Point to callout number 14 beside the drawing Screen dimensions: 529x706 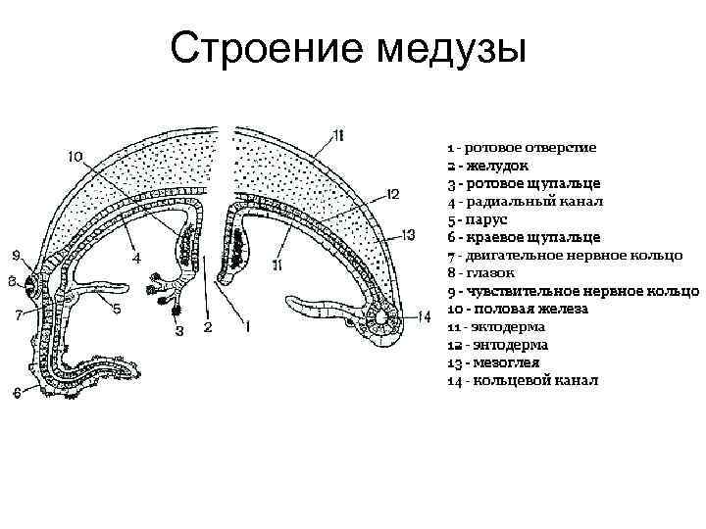(x=423, y=314)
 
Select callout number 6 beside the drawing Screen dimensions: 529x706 (x=17, y=393)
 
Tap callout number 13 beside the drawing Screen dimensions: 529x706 (x=409, y=234)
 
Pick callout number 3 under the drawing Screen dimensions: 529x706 (x=179, y=330)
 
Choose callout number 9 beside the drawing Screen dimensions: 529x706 (x=17, y=256)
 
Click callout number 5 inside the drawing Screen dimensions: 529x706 (x=116, y=309)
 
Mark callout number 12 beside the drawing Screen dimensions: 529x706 (x=391, y=194)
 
